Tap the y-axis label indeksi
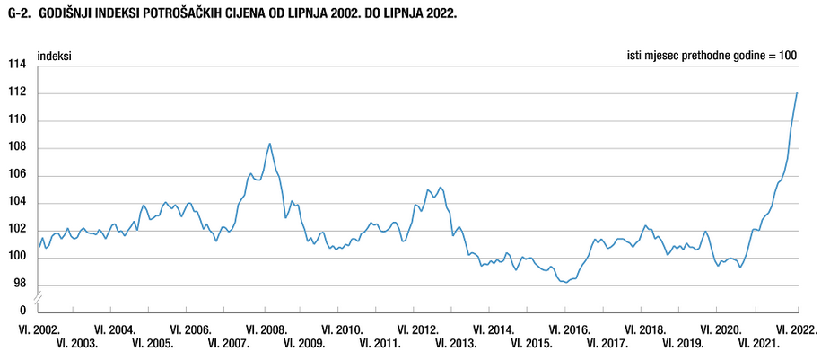point(56,56)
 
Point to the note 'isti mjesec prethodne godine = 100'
point(712,56)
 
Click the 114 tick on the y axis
point(16,66)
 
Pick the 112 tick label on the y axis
point(16,92)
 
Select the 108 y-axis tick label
point(16,148)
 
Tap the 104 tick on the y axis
point(16,203)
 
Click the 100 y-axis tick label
point(16,258)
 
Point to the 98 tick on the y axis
point(20,285)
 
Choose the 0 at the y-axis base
point(23,311)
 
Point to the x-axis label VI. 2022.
point(797,329)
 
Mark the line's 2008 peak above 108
point(270,144)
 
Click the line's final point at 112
point(797,93)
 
